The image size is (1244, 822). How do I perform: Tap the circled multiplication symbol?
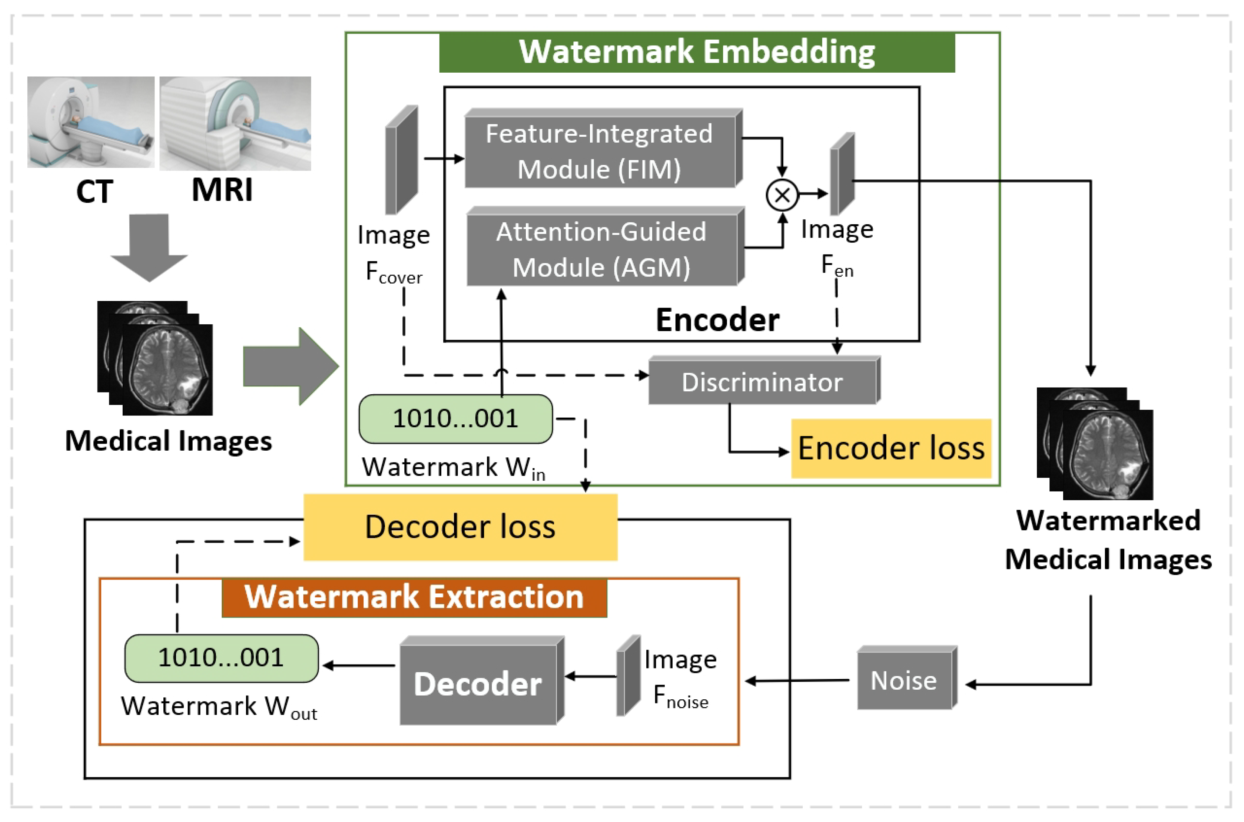[782, 195]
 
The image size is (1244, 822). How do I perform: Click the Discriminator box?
[762, 382]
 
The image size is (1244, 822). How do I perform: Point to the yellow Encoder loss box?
[891, 448]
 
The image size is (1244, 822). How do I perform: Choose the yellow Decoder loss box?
[460, 527]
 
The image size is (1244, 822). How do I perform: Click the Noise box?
[904, 680]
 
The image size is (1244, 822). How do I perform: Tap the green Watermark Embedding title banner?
[697, 52]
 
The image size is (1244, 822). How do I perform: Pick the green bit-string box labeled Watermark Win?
[455, 419]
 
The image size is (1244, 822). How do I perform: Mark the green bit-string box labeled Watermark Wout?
[221, 658]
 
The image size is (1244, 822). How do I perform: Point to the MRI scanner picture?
[235, 123]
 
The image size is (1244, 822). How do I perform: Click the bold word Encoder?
[717, 320]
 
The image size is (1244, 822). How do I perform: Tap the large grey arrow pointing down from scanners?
[149, 246]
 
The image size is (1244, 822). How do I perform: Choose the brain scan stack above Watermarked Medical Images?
[1095, 444]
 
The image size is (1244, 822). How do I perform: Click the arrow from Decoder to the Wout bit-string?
[359, 666]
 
